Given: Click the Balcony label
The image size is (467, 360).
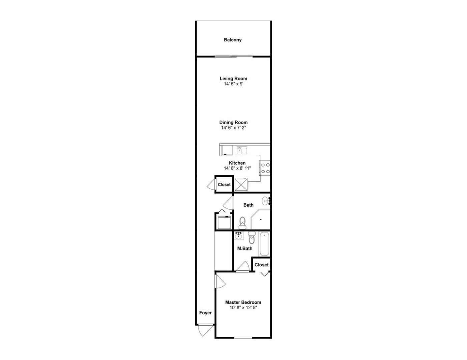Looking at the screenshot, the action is (232, 40).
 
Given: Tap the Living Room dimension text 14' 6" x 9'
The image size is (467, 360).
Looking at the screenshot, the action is (233, 84).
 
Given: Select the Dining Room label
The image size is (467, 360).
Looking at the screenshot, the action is (233, 122).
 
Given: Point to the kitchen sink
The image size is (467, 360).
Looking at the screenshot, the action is (242, 150).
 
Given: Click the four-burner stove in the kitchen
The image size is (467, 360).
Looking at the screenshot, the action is (265, 168).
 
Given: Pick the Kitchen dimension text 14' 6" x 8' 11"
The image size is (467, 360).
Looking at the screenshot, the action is (237, 168).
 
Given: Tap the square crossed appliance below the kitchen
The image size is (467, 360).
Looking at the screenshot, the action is (241, 185).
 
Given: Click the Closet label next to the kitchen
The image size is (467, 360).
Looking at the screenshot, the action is (224, 185).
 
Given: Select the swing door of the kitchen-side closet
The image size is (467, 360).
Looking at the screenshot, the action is (211, 184).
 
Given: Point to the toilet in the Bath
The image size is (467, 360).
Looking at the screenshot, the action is (242, 223).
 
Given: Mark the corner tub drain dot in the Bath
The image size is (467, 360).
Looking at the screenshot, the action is (261, 219).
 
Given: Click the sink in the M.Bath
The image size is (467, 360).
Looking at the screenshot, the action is (239, 236).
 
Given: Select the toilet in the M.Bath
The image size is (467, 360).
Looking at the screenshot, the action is (251, 238).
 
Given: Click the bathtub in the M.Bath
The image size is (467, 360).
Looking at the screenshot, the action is (264, 244).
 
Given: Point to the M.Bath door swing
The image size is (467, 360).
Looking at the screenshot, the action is (243, 266).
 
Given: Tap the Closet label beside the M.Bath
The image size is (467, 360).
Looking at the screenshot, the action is (262, 265).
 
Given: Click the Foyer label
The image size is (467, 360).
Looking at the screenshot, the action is (205, 313).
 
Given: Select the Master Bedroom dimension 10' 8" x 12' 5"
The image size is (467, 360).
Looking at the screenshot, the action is (243, 308).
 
